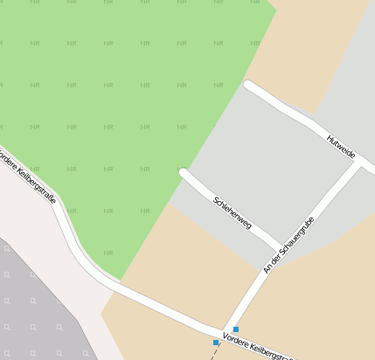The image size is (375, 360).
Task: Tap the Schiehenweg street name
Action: pyautogui.click(x=233, y=212)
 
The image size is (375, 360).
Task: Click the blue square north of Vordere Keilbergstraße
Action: pyautogui.click(x=236, y=329)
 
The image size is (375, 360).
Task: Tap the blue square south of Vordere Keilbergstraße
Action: pyautogui.click(x=216, y=343)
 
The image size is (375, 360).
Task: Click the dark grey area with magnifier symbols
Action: pyautogui.click(x=35, y=306)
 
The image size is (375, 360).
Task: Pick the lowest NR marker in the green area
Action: pyautogui.click(x=108, y=253)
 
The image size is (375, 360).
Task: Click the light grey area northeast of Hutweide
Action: pyautogui.click(x=350, y=79)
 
